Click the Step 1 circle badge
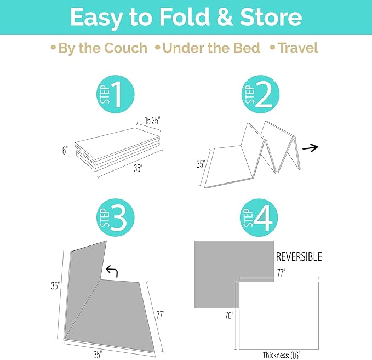115,94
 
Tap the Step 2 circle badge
260,94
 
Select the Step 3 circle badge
115,218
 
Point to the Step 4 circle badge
259,218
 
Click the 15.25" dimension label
152,121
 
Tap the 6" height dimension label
65,150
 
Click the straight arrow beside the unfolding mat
310,148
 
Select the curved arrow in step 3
112,271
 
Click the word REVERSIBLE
299,257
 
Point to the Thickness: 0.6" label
282,355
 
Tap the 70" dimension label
229,316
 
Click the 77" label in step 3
161,315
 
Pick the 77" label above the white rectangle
282,273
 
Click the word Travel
297,48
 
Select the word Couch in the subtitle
125,48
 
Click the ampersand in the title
225,17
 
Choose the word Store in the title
271,17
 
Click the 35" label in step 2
201,164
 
